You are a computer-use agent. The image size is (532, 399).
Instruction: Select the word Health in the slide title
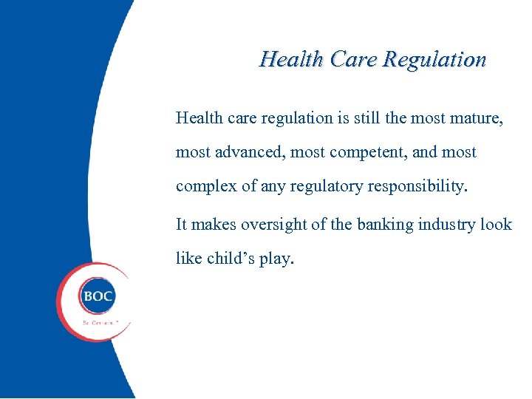(292, 59)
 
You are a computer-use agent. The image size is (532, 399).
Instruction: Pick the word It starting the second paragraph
(182, 225)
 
